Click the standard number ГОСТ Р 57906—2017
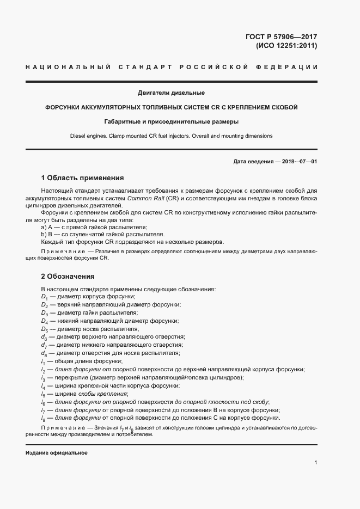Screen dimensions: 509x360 [282, 36]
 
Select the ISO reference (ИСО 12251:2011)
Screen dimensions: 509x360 [286, 46]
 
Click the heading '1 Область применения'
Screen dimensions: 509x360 [82, 177]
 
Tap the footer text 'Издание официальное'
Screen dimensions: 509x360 [56, 453]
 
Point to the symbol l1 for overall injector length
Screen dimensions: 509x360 [43, 361]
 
